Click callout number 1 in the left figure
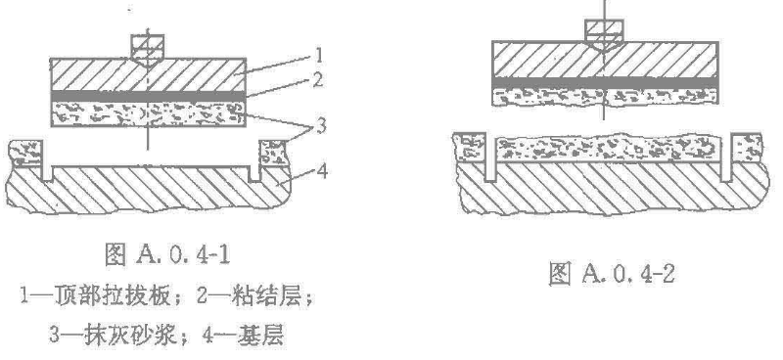(319, 54)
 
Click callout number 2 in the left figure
(317, 80)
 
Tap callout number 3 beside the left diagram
(318, 125)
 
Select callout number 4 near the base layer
(322, 172)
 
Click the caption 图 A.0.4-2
(613, 273)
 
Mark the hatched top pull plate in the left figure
(149, 75)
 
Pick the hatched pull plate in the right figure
(605, 60)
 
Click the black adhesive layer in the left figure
(149, 96)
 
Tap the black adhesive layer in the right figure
(605, 83)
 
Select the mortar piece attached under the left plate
(149, 113)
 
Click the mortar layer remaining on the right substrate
(613, 149)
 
